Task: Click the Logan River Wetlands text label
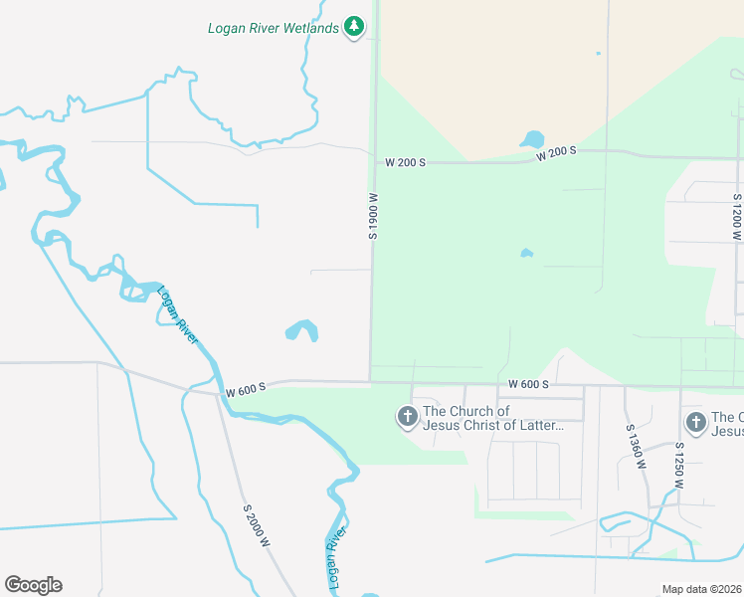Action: (273, 28)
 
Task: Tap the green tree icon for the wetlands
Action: (353, 27)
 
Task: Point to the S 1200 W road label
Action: (737, 218)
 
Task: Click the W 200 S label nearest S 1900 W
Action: (406, 161)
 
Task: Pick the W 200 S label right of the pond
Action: (557, 154)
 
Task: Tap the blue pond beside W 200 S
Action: (532, 139)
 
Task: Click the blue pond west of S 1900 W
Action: (301, 330)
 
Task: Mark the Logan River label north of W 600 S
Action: (178, 314)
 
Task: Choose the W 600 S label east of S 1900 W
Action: (528, 384)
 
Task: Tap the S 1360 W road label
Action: (637, 448)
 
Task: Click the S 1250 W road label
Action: (680, 464)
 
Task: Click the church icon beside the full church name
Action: (408, 418)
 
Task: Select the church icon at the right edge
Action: (696, 423)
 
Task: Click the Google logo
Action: (33, 585)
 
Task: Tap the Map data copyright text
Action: (702, 589)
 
